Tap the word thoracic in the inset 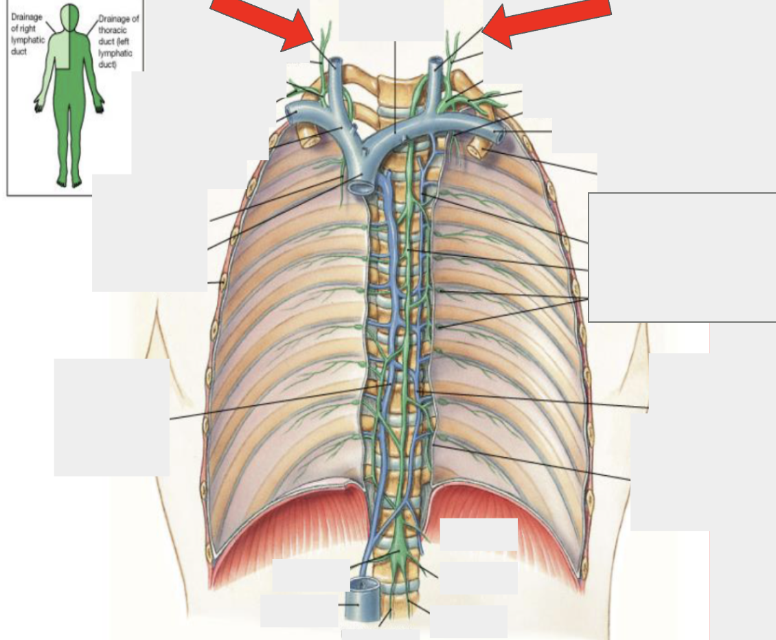click(113, 30)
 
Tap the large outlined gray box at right click(682, 257)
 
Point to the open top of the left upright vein click(336, 63)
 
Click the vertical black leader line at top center click(395, 88)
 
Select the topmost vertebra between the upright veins click(391, 83)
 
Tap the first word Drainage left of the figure click(27, 17)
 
